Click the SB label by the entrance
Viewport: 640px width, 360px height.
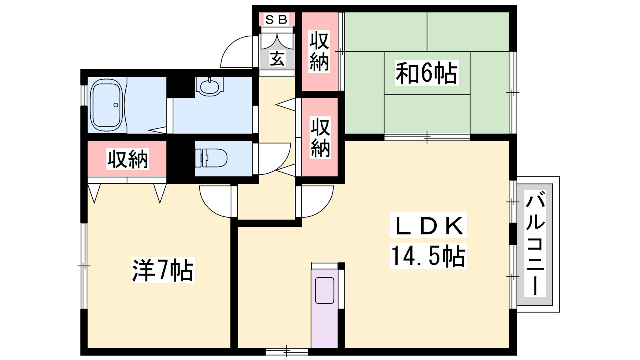[276, 20]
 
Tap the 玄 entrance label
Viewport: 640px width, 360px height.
[277, 59]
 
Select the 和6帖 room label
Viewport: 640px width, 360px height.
[426, 73]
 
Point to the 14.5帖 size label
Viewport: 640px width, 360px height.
[428, 256]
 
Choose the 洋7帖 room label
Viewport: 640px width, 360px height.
[162, 270]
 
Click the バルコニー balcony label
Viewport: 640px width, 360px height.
[535, 244]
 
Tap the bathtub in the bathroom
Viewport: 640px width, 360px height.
[106, 105]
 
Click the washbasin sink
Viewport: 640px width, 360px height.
[209, 86]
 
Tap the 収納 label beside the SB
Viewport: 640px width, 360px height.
[319, 51]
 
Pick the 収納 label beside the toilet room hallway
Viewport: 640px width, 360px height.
[320, 138]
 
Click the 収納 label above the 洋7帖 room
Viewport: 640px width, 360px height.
[128, 159]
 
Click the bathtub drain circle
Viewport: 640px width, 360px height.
[116, 105]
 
